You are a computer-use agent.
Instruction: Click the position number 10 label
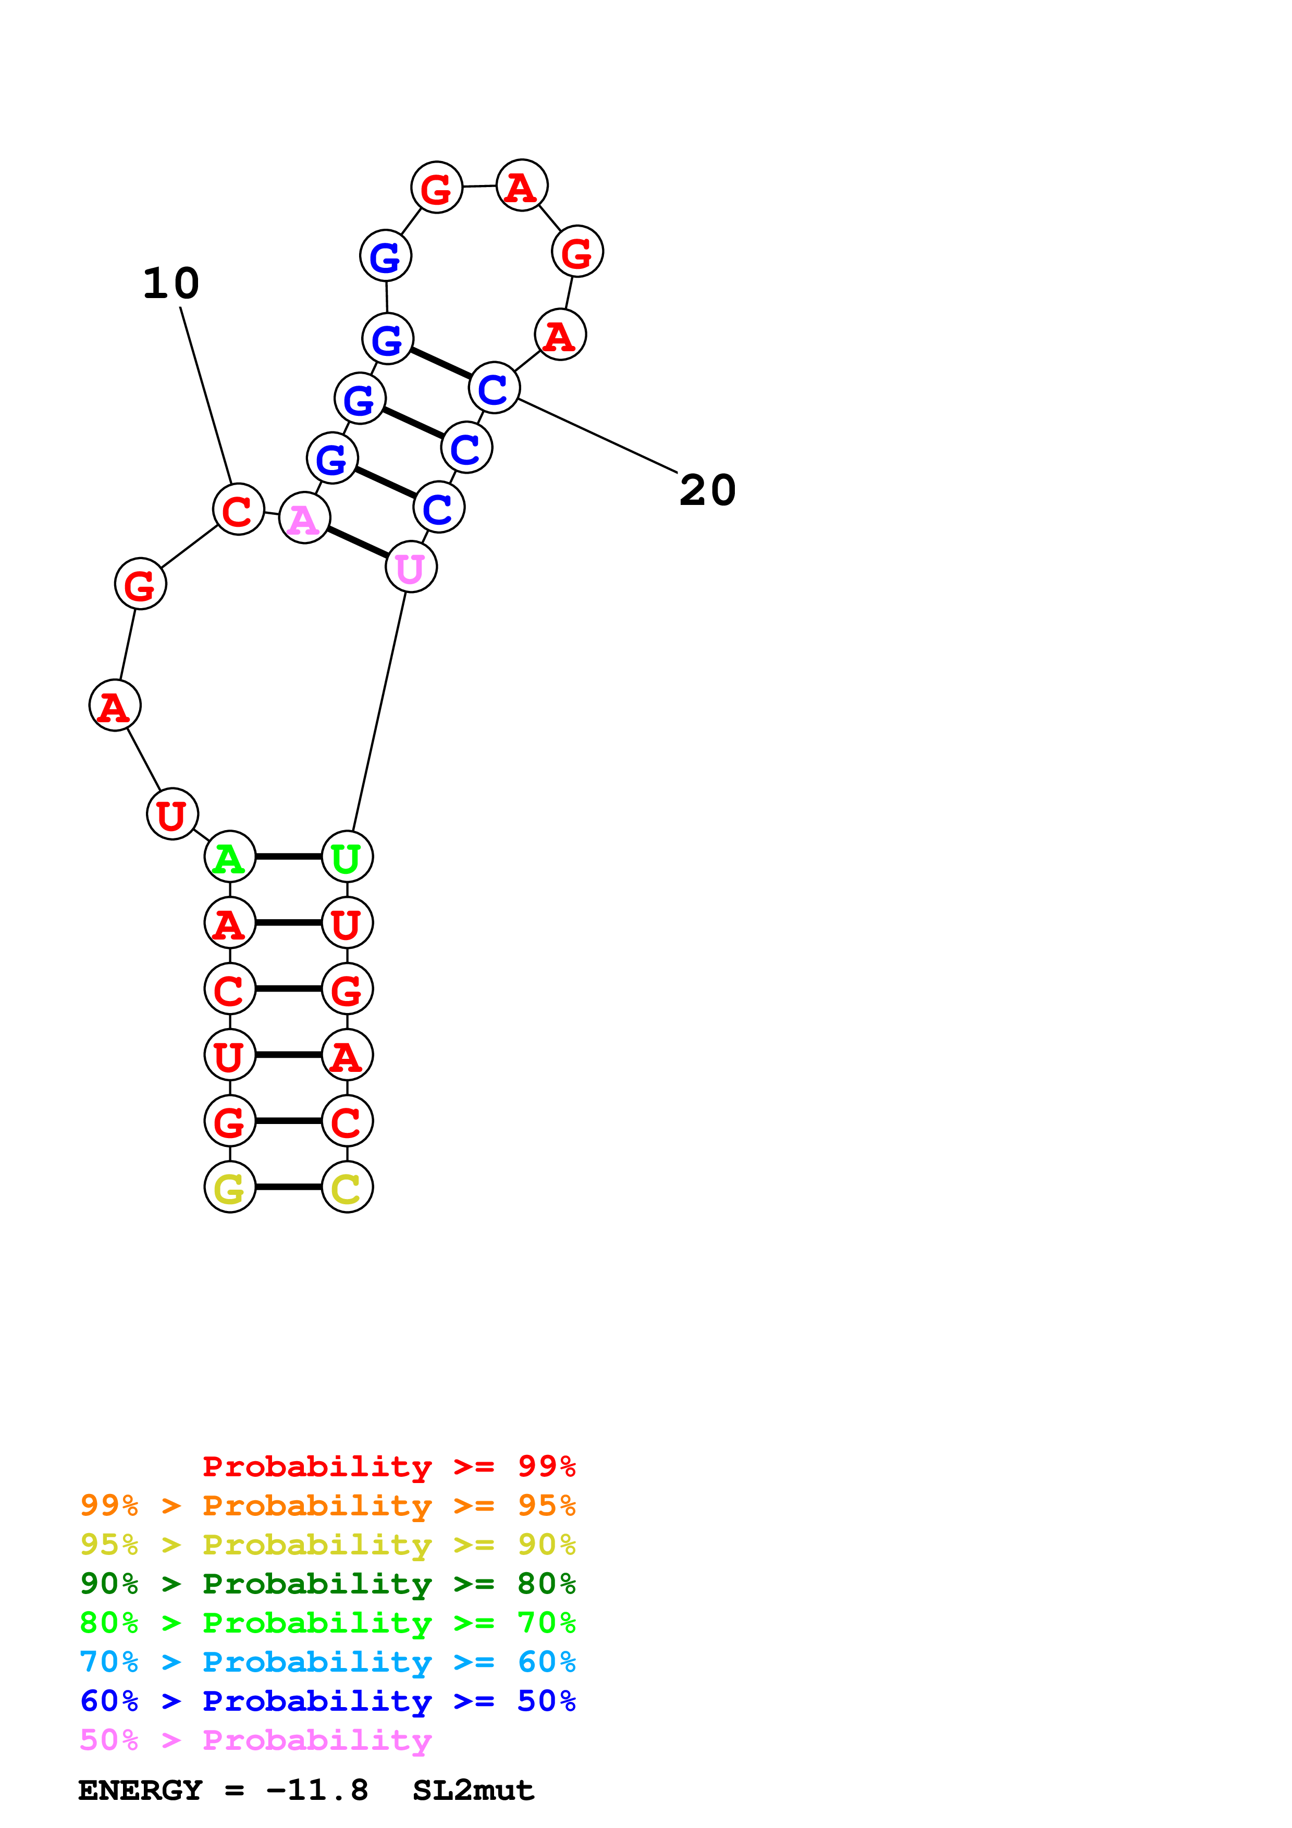click(171, 283)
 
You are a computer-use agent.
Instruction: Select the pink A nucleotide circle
click(304, 518)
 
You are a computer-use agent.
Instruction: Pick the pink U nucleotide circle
click(411, 567)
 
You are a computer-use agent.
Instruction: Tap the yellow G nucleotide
click(229, 1187)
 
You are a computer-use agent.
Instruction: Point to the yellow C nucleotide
click(347, 1187)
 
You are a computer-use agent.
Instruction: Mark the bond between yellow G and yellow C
click(288, 1187)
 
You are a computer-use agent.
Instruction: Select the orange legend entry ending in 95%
click(327, 1505)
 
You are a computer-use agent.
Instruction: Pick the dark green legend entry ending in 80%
click(327, 1584)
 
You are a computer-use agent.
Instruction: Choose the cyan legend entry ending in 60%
click(327, 1662)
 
